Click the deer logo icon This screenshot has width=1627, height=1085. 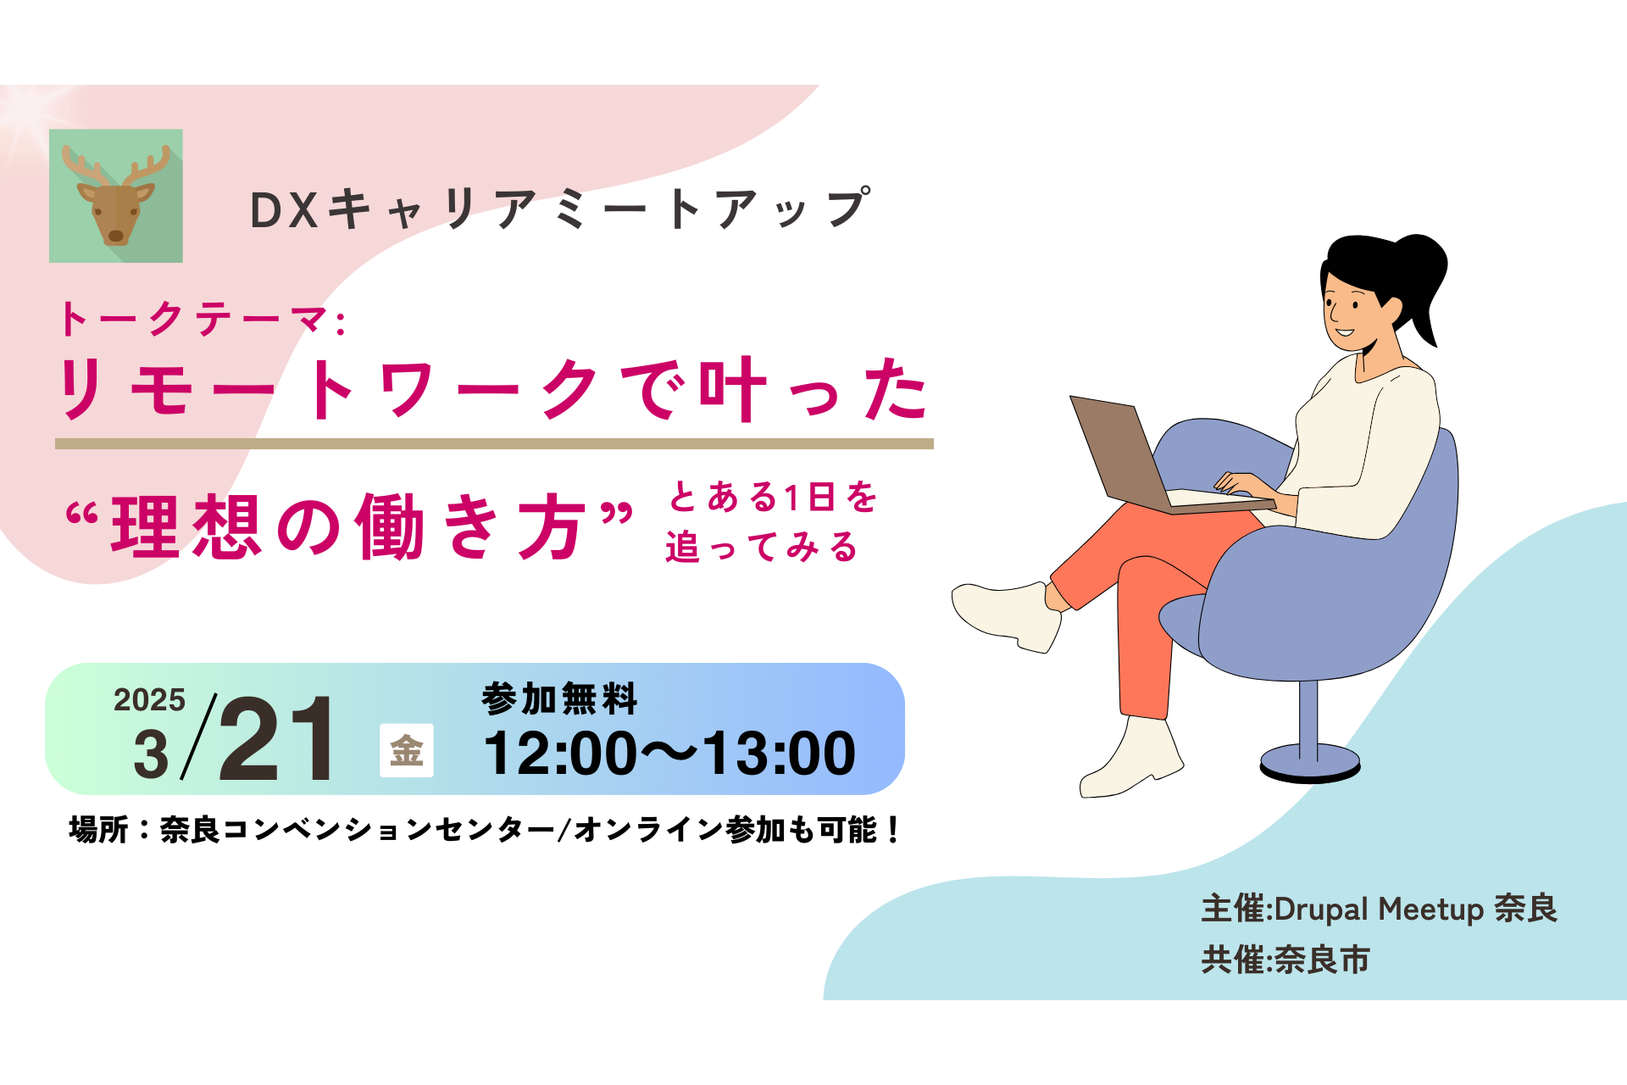pos(116,196)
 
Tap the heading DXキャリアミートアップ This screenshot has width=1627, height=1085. pos(559,209)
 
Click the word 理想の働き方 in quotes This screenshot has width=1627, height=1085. pos(349,527)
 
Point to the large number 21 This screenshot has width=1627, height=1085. pos(276,739)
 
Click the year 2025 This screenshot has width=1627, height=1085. pos(149,700)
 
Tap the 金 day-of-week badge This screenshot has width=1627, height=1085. pos(407,751)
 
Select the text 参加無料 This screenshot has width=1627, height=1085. pos(559,699)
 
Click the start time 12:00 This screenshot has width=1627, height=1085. pos(559,754)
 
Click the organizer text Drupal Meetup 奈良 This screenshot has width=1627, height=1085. pos(1415,909)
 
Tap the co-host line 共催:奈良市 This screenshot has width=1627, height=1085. pos(1285,960)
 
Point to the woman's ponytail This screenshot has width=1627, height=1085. pos(1424,280)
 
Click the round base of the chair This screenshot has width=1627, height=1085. pos(1309,762)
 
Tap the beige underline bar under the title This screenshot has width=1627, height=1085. pos(494,443)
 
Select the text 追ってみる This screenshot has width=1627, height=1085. pos(761,548)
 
